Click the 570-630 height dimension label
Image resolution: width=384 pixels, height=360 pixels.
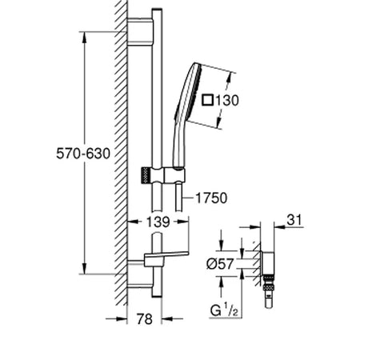(x=83, y=154)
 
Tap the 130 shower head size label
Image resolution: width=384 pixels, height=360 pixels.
(x=227, y=101)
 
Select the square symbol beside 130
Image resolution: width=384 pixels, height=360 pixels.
(x=207, y=100)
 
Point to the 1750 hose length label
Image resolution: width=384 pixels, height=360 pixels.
(x=211, y=198)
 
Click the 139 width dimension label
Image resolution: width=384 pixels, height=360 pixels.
(x=158, y=222)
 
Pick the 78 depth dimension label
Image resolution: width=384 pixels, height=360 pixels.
(x=145, y=319)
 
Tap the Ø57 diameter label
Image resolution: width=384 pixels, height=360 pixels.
(x=220, y=264)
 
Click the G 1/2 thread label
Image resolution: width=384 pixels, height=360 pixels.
(x=224, y=310)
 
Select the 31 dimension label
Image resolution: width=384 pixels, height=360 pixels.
(x=294, y=220)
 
